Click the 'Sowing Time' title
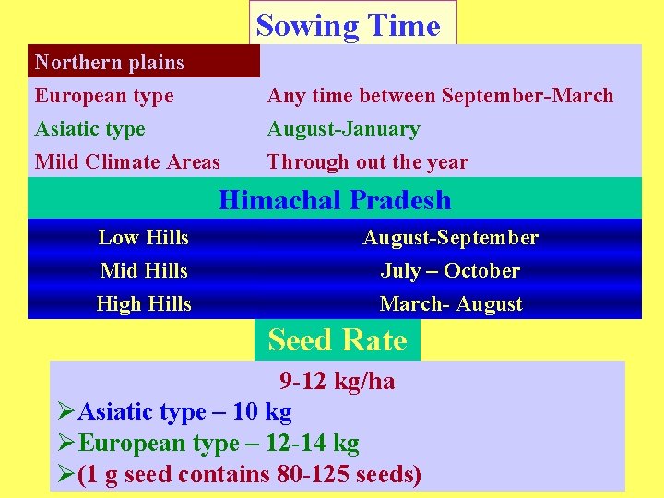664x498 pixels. pos(348,25)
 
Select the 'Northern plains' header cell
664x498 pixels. pos(109,63)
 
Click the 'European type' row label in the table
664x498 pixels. pos(103,96)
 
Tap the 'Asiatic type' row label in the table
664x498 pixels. pos(89,129)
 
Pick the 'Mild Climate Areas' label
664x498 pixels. pos(127,162)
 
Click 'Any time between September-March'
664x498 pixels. pos(440,96)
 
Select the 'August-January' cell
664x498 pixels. pos(343,129)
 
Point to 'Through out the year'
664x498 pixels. pos(367,162)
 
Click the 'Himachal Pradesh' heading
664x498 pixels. pos(335,200)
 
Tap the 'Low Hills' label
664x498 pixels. pos(143,238)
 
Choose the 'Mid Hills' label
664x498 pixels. pos(143,271)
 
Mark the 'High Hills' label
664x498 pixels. pos(143,304)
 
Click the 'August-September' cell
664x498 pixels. pos(450,238)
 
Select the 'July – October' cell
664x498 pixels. pos(450,271)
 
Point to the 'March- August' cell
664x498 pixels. pos(450,304)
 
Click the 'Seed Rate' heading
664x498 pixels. pos(337,340)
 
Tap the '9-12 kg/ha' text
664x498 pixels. pos(337,382)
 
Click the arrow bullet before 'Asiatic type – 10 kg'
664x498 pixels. pos(65,412)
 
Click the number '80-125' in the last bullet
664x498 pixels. pos(297,475)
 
